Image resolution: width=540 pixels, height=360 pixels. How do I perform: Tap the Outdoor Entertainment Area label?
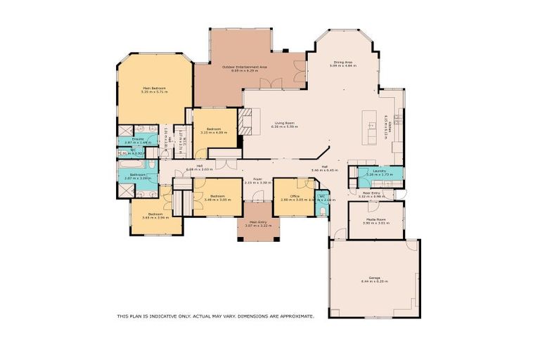click(244, 66)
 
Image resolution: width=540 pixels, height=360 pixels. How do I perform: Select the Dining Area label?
click(343, 62)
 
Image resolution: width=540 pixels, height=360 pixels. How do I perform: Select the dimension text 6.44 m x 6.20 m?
click(374, 281)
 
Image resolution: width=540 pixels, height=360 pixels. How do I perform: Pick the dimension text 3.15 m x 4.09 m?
click(214, 133)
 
